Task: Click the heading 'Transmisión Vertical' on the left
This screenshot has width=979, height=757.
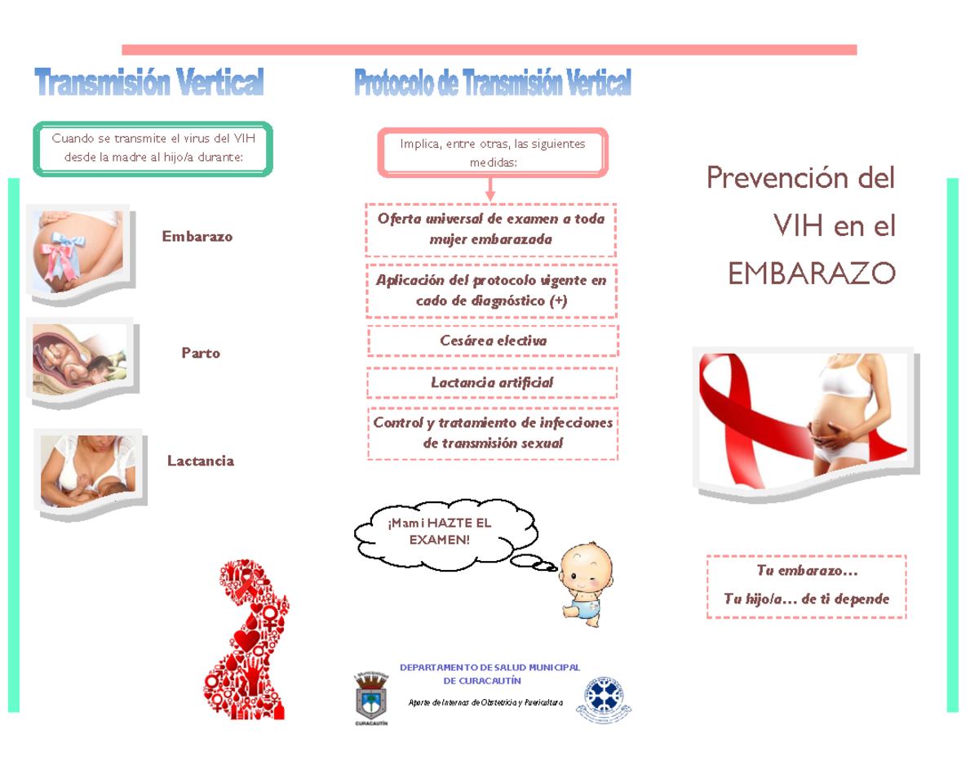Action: point(149,82)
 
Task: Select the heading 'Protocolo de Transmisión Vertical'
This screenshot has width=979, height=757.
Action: point(492,82)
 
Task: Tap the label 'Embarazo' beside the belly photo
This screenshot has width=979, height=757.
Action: point(197,236)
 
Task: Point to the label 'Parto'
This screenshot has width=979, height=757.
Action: point(201,354)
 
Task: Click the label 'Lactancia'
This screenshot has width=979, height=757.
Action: point(201,461)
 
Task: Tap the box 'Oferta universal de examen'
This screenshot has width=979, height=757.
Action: point(491,229)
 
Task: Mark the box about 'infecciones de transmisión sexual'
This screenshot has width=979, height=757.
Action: point(492,433)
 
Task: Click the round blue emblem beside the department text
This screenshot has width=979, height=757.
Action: point(605,699)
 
